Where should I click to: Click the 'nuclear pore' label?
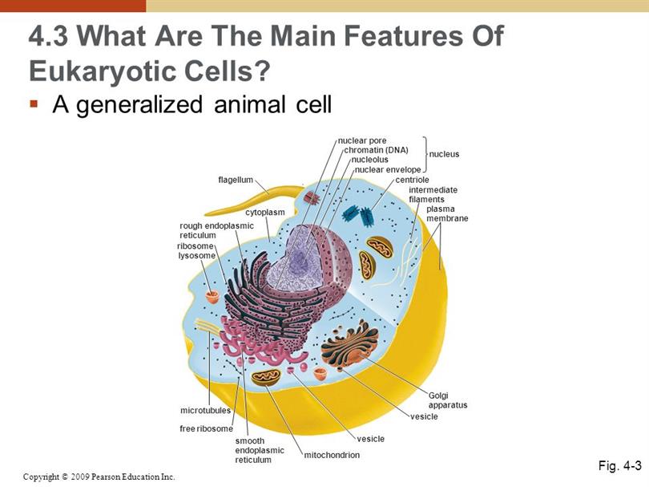click(362, 141)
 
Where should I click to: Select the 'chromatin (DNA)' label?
click(377, 150)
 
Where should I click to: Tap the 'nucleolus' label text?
click(370, 160)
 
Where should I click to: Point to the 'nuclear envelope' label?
click(388, 169)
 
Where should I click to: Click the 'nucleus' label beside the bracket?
click(444, 154)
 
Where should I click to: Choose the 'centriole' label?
click(413, 180)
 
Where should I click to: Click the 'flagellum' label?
click(236, 180)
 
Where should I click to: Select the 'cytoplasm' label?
click(265, 213)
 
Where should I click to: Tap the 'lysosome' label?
click(197, 256)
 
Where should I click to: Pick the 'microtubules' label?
click(205, 410)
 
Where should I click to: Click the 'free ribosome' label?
click(206, 428)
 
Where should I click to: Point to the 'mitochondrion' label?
click(332, 455)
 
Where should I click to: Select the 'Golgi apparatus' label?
click(448, 400)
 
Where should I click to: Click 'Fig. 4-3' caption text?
click(619, 465)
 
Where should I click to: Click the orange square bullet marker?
click(34, 103)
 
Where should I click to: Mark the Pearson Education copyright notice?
click(99, 477)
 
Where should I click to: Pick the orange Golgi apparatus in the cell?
click(350, 347)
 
